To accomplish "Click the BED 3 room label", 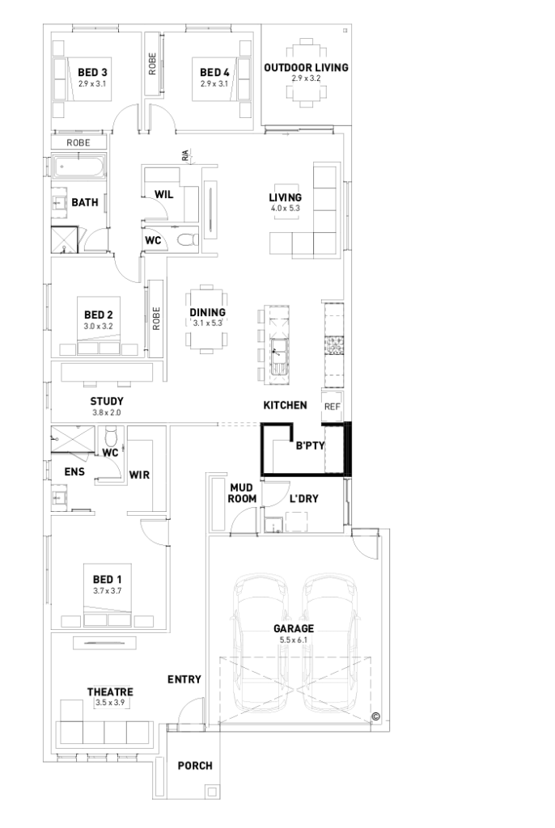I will click(93, 72).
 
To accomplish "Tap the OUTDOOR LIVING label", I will click(306, 68).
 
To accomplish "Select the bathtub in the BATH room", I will click(78, 168).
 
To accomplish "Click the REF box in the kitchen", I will click(332, 407).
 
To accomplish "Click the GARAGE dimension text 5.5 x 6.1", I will click(293, 640).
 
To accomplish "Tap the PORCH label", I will click(195, 766).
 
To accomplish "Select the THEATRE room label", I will click(110, 692).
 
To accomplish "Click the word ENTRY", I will click(184, 679).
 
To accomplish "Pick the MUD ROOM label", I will click(243, 493).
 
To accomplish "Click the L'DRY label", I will click(303, 499).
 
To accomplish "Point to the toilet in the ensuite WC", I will click(111, 437).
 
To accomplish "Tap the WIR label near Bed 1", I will click(140, 475).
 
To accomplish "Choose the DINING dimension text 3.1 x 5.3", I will click(208, 323).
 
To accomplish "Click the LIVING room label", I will click(286, 197).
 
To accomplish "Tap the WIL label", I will click(165, 194).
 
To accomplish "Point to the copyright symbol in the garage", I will click(375, 716).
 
